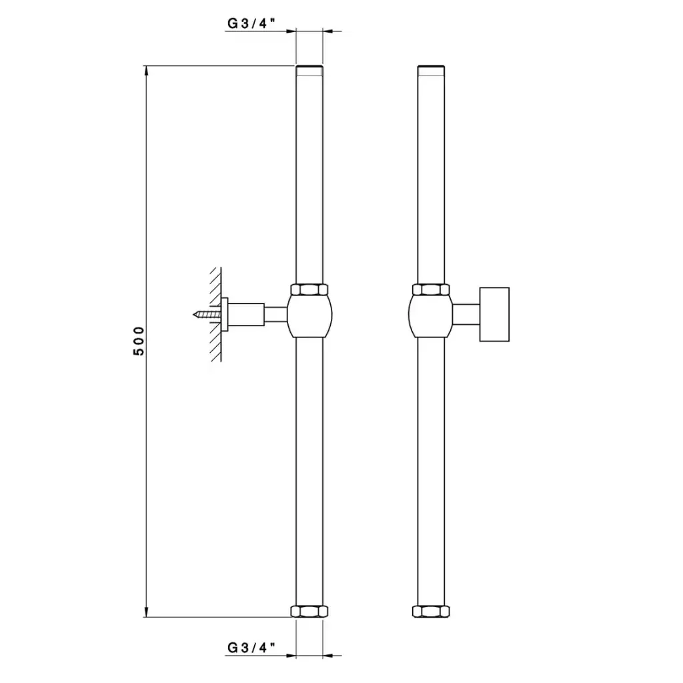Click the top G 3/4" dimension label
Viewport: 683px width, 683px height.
pyautogui.click(x=251, y=23)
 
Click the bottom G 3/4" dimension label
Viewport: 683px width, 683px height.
pyautogui.click(x=251, y=648)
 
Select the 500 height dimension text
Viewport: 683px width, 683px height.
pyautogui.click(x=139, y=341)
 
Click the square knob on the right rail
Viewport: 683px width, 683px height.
pyautogui.click(x=494, y=314)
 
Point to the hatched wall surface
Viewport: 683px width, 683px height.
pyautogui.click(x=215, y=314)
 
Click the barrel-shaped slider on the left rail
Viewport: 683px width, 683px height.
pyautogui.click(x=309, y=316)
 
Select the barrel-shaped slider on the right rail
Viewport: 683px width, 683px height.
pyautogui.click(x=432, y=316)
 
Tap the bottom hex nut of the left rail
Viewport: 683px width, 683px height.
pyautogui.click(x=309, y=611)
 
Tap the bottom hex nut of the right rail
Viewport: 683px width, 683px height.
pyautogui.click(x=431, y=611)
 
